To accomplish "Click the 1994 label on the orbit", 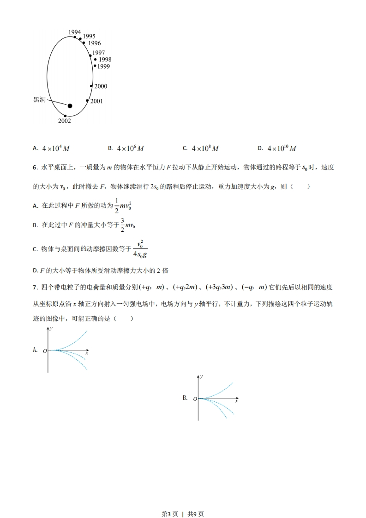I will pyautogui.click(x=75, y=32).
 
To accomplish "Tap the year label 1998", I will pyautogui.click(x=105, y=60).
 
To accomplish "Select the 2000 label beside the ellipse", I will pyautogui.click(x=101, y=86).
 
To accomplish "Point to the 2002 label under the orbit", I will pyautogui.click(x=65, y=121).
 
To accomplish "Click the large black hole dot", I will pyautogui.click(x=70, y=106).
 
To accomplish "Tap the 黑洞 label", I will pyautogui.click(x=40, y=100).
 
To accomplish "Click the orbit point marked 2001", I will pyautogui.click(x=87, y=101).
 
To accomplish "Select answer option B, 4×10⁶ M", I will pyautogui.click(x=130, y=149).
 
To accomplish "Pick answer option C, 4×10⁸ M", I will pyautogui.click(x=205, y=149).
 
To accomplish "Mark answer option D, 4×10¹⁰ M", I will pyautogui.click(x=281, y=149).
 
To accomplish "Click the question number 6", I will pyautogui.click(x=35, y=167).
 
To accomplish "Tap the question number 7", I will pyautogui.click(x=35, y=287).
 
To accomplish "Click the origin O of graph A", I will pyautogui.click(x=45, y=351).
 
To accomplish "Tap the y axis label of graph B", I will pyautogui.click(x=201, y=377).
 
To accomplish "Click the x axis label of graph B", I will pyautogui.click(x=236, y=401).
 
